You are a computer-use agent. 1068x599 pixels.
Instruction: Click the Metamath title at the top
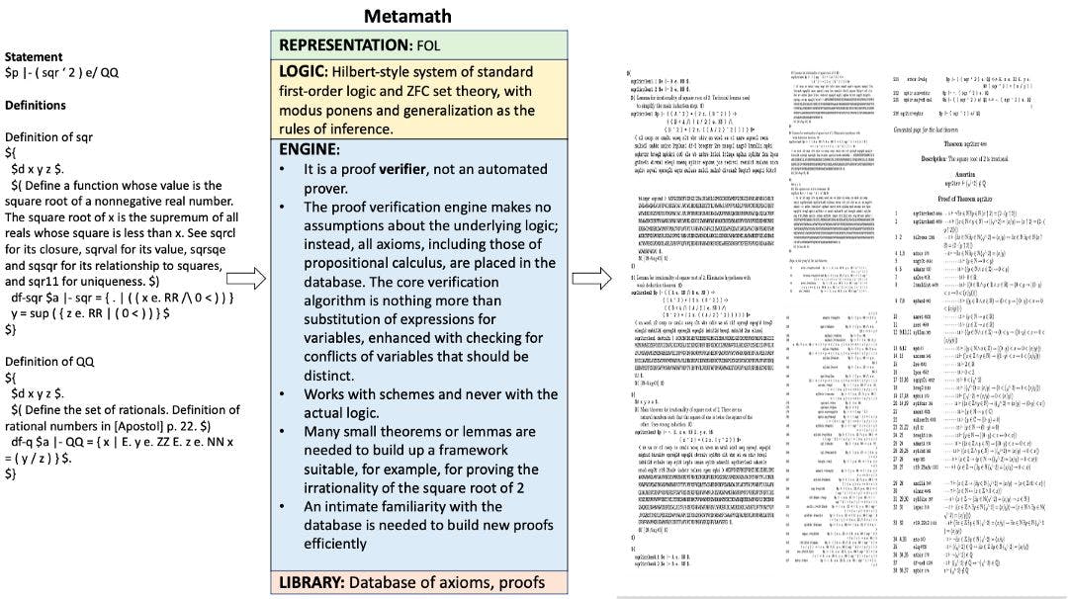[x=407, y=15]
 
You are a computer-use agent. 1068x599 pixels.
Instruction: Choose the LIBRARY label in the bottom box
[x=315, y=581]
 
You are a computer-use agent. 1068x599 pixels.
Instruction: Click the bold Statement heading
[x=34, y=57]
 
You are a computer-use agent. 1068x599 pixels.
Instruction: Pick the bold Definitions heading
[x=36, y=105]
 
